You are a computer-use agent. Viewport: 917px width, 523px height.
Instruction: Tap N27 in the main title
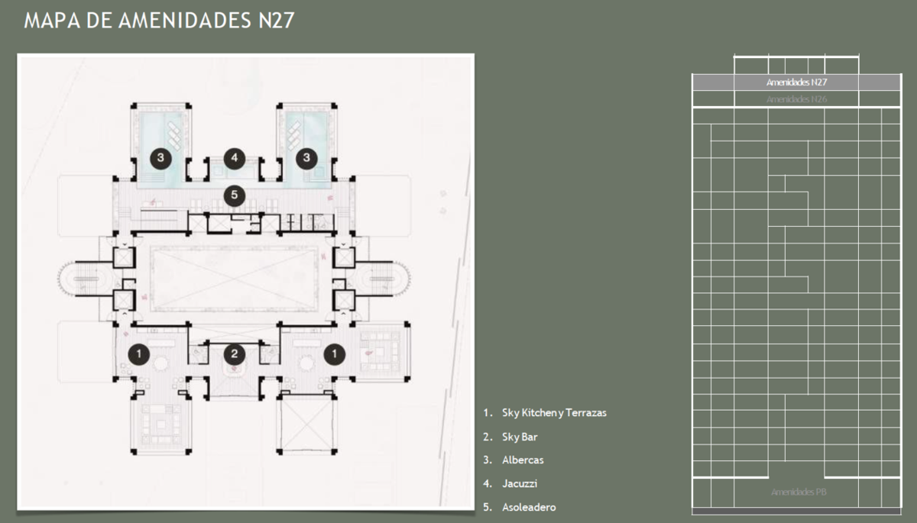pyautogui.click(x=272, y=20)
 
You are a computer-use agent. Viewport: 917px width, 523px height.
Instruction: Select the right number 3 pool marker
pyautogui.click(x=307, y=158)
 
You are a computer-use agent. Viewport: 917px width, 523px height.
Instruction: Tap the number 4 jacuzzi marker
pyautogui.click(x=235, y=159)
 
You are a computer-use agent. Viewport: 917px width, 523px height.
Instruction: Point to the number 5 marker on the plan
pyautogui.click(x=235, y=195)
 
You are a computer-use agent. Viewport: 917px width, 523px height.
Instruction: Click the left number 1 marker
pyautogui.click(x=138, y=354)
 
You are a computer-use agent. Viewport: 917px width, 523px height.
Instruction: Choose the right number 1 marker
pyautogui.click(x=334, y=354)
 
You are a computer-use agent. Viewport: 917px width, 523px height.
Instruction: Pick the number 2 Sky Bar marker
pyautogui.click(x=235, y=354)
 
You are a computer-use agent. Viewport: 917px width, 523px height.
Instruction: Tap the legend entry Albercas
pyautogui.click(x=523, y=460)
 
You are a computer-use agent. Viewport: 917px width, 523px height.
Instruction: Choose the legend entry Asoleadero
pyautogui.click(x=528, y=507)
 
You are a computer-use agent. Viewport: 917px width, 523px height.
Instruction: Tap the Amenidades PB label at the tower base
pyautogui.click(x=799, y=492)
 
